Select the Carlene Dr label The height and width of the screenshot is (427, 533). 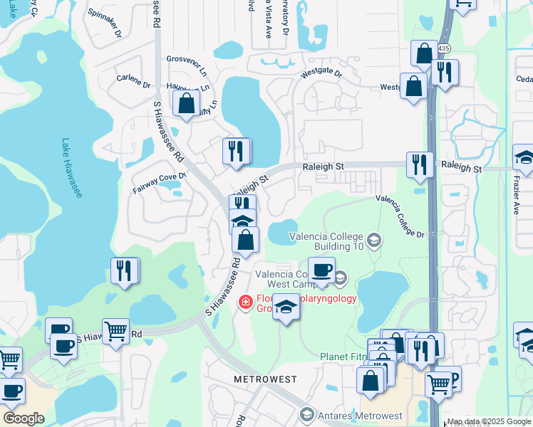point(133,80)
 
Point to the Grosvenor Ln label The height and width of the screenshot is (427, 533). point(186,60)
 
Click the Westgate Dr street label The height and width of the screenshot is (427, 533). point(321,73)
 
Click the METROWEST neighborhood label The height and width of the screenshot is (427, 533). point(265,379)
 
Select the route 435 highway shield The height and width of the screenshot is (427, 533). point(444,48)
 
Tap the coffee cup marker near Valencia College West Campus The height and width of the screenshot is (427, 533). point(321,271)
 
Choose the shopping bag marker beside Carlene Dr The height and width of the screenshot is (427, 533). point(186,104)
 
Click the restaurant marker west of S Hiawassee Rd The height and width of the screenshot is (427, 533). point(125,271)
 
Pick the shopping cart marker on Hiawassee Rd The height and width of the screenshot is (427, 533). point(115,331)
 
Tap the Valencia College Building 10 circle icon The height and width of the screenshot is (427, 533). point(375,241)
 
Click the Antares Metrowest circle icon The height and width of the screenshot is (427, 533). point(307,415)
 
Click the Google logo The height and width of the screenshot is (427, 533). point(24,418)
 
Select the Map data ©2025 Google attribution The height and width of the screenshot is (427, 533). point(489,421)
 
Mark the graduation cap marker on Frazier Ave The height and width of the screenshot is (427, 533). point(524,158)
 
